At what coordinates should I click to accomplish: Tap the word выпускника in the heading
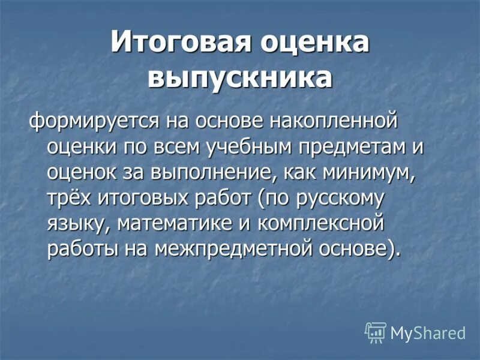tap(240, 78)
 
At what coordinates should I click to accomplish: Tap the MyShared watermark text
tap(428, 334)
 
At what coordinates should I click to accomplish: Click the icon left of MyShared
tap(375, 332)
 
